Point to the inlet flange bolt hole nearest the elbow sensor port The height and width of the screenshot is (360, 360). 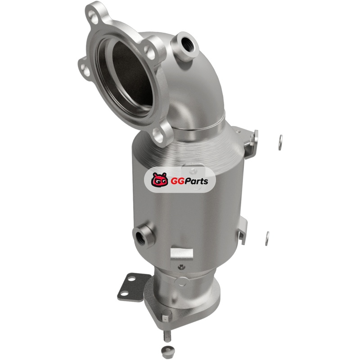pyautogui.click(x=150, y=52)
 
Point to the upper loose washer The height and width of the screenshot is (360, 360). pyautogui.click(x=280, y=143)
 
